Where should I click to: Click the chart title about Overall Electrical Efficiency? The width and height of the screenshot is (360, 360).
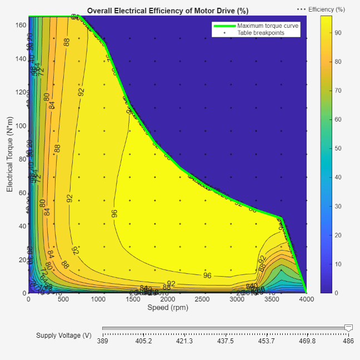[x=168, y=11]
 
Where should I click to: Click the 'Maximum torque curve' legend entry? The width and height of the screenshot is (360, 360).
[x=268, y=26]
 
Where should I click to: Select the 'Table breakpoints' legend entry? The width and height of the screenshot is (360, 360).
[x=262, y=33]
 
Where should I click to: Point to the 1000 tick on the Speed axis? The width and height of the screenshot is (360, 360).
[x=98, y=299]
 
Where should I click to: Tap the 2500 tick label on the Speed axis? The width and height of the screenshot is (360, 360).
[x=202, y=299]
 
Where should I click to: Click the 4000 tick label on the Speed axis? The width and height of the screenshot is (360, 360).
[x=307, y=299]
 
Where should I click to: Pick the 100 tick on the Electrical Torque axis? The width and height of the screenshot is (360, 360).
[x=21, y=126]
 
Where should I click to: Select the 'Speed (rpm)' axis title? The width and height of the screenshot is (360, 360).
[x=167, y=307]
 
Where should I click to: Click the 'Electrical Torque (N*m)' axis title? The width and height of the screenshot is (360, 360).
[x=9, y=154]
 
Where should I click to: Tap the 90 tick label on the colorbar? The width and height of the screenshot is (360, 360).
[x=338, y=33]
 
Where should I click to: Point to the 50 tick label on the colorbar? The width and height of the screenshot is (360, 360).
[x=338, y=148]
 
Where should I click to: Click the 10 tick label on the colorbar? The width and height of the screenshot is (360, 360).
[x=338, y=264]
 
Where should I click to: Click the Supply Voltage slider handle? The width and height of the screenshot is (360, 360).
[x=348, y=328]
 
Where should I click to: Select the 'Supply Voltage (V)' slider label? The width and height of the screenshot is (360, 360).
[x=64, y=336]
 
